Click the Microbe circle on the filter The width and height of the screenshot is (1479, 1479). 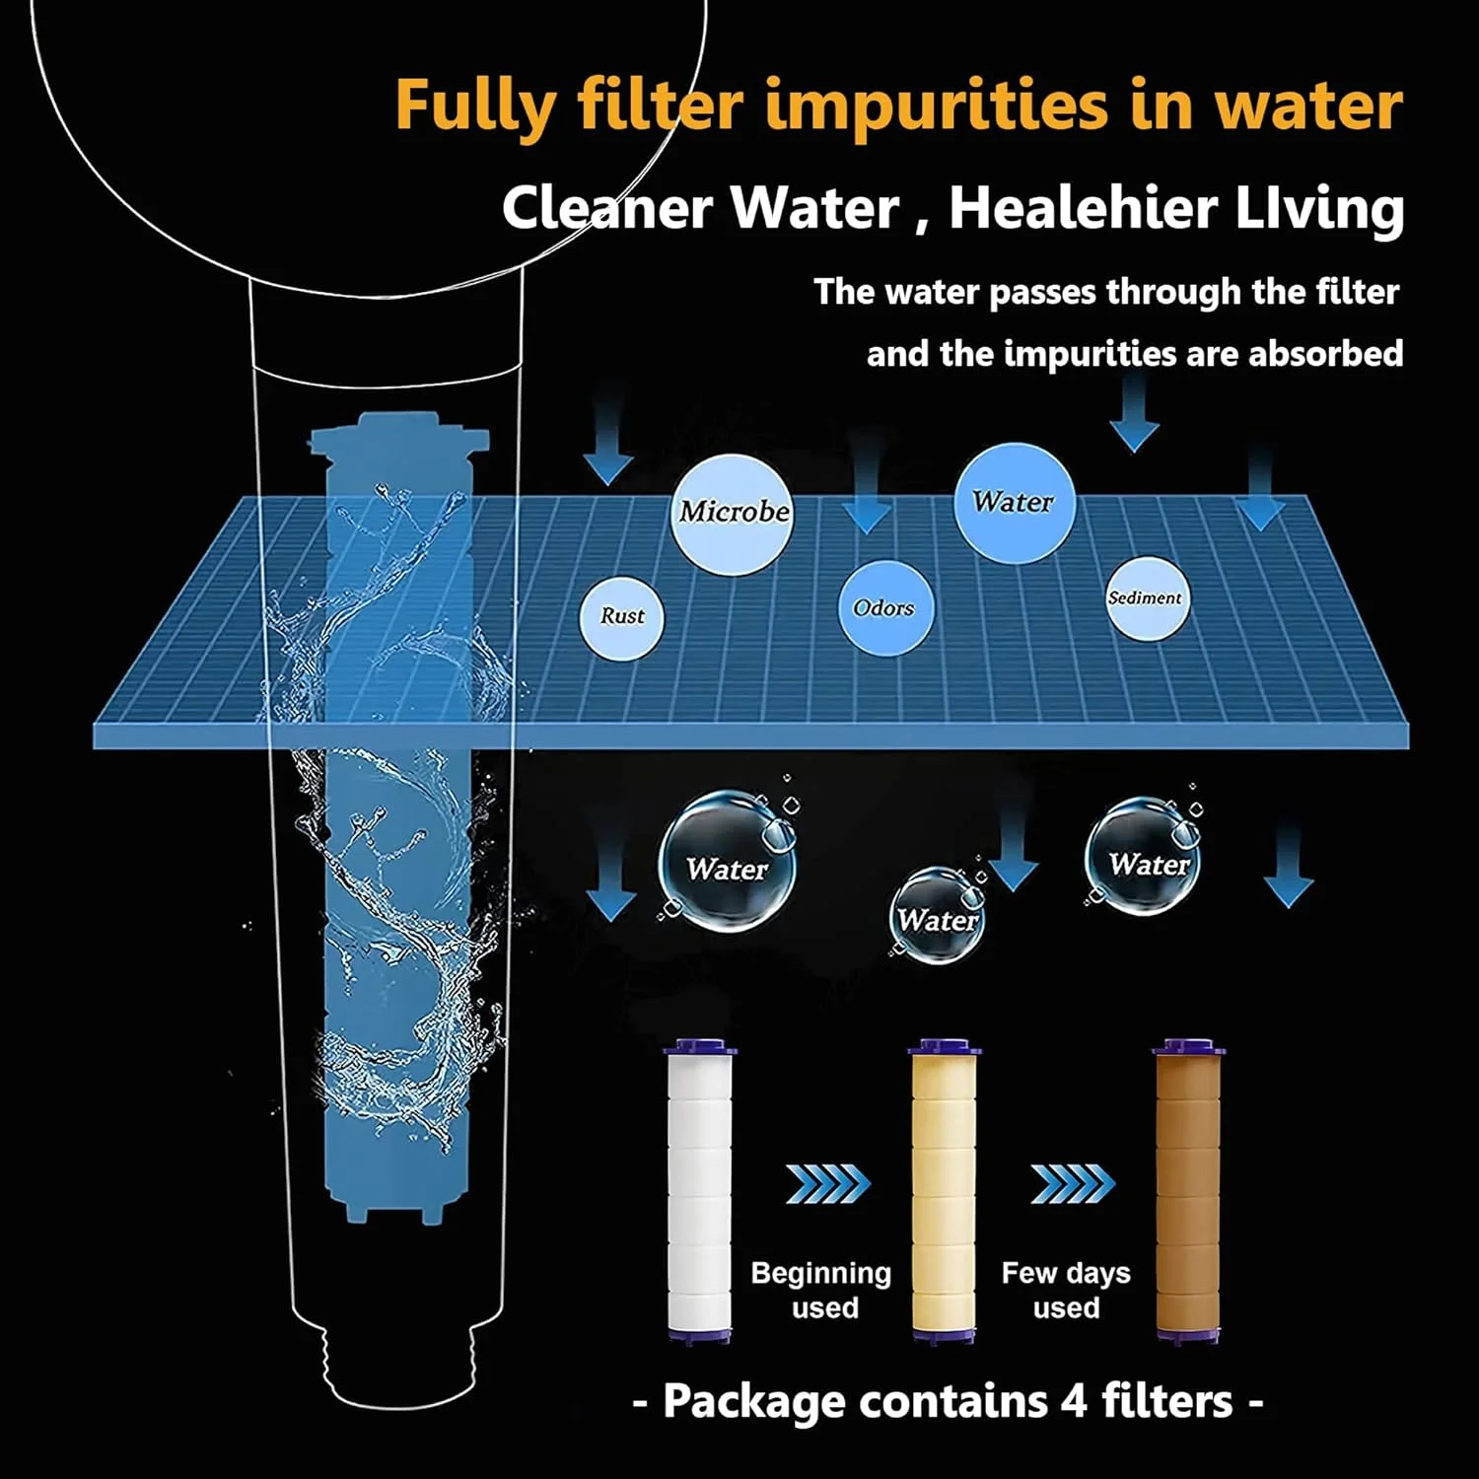[732, 513]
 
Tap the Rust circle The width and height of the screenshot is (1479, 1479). [621, 617]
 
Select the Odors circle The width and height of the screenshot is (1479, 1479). [884, 607]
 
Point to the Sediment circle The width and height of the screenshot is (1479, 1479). [1146, 599]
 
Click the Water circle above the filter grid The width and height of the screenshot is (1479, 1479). [1014, 503]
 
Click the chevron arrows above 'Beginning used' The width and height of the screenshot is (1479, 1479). [828, 1183]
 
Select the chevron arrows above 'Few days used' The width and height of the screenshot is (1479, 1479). [1073, 1183]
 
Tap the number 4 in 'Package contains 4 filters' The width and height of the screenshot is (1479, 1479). [1074, 1401]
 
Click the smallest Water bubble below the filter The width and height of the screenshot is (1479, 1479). [937, 917]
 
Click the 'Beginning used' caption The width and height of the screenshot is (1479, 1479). [821, 1290]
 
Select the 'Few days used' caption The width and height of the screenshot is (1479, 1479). [1066, 1290]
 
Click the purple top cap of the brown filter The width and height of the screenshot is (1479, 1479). [1188, 1046]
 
